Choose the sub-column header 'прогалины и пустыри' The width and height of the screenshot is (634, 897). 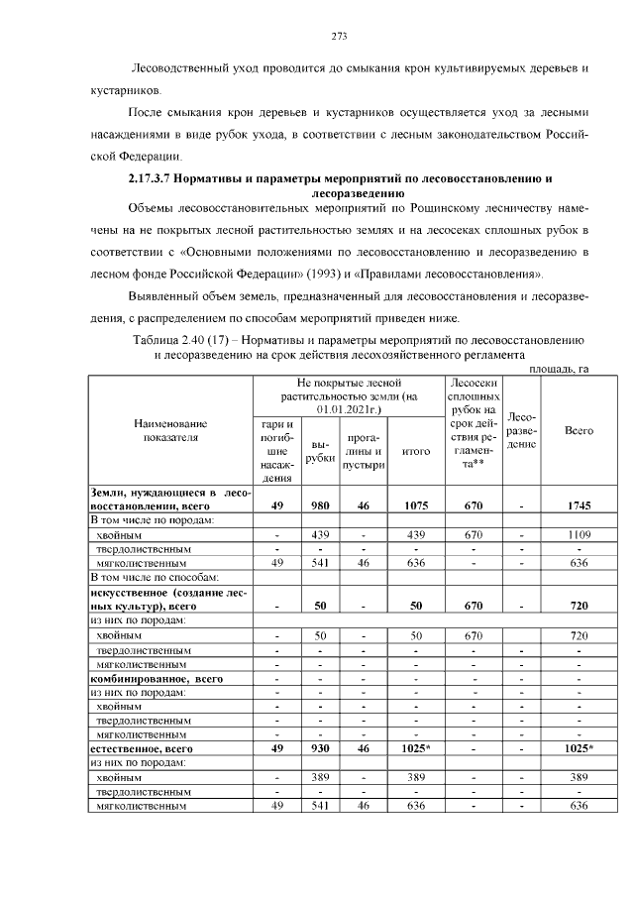tap(364, 451)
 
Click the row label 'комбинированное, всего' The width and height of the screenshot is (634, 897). tap(156, 679)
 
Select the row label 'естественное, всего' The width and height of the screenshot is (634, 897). tap(143, 750)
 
